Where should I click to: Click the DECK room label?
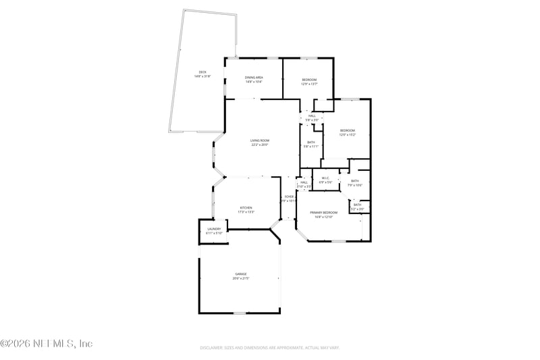[x=202, y=72]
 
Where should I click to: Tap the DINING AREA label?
[x=254, y=78]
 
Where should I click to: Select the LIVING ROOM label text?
[x=260, y=140]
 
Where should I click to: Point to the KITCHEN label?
[x=246, y=207]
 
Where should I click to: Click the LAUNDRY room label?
[x=213, y=229]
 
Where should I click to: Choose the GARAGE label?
[x=240, y=274]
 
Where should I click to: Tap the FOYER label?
[x=289, y=197]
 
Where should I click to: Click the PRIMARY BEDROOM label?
[x=323, y=213]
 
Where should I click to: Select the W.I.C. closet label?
[x=325, y=178]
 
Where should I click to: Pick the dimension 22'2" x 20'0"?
[x=260, y=145]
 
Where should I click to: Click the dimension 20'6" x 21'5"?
[x=240, y=278]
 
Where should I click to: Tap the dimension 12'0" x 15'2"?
[x=347, y=135]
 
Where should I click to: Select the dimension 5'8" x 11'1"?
[x=311, y=147]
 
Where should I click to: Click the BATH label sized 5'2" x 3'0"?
[x=357, y=205]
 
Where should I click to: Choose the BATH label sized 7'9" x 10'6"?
[x=355, y=180]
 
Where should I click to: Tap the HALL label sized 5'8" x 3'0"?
[x=312, y=115]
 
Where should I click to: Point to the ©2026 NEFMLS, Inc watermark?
[x=46, y=343]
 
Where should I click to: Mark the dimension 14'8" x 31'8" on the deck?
[x=202, y=76]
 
